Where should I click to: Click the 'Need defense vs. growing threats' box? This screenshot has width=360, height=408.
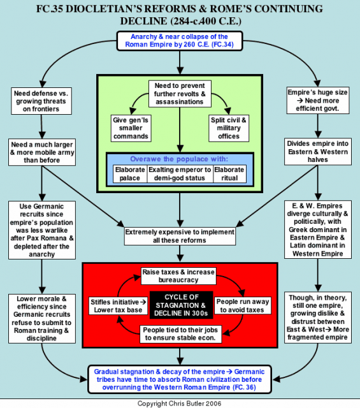point(41,101)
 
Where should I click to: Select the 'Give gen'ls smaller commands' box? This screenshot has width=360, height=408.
point(131,128)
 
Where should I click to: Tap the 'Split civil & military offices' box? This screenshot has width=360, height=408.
point(229,128)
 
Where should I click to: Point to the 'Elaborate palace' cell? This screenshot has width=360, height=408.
point(130,174)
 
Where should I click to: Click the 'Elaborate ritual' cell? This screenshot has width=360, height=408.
point(229,174)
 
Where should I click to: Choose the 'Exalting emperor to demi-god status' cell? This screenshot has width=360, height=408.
point(180,174)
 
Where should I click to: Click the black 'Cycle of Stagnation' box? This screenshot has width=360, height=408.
point(182,305)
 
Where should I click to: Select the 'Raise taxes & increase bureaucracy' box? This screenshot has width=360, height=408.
point(178,276)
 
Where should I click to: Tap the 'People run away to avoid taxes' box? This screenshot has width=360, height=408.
point(242,306)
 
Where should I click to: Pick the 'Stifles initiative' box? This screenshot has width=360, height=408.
point(118,306)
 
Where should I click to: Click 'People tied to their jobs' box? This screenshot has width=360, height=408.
point(180,334)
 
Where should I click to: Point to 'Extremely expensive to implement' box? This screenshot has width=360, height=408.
point(180,237)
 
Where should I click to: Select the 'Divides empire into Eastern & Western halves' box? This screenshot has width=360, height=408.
point(318,152)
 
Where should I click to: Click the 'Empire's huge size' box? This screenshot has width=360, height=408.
point(318,101)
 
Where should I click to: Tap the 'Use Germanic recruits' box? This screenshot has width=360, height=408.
point(42,230)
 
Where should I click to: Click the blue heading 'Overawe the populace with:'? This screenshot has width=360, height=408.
point(179,159)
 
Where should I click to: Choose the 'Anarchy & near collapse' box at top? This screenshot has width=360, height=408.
point(180,41)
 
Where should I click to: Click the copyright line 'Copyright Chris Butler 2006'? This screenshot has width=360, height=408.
point(180,404)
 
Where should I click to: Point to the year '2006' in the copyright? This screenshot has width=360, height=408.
point(213,404)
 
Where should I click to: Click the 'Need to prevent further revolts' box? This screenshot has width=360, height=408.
point(180,94)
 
